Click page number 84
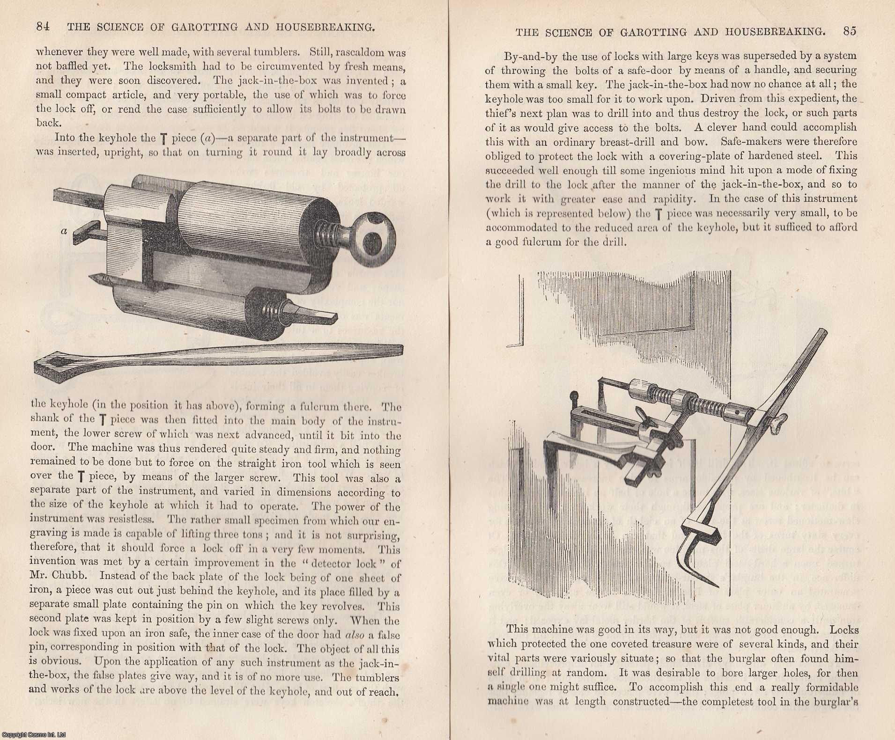tap(43, 27)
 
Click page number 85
tap(850, 31)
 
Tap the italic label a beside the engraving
tap(64, 231)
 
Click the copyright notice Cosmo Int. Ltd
tap(33, 734)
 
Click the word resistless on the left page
tap(136, 520)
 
